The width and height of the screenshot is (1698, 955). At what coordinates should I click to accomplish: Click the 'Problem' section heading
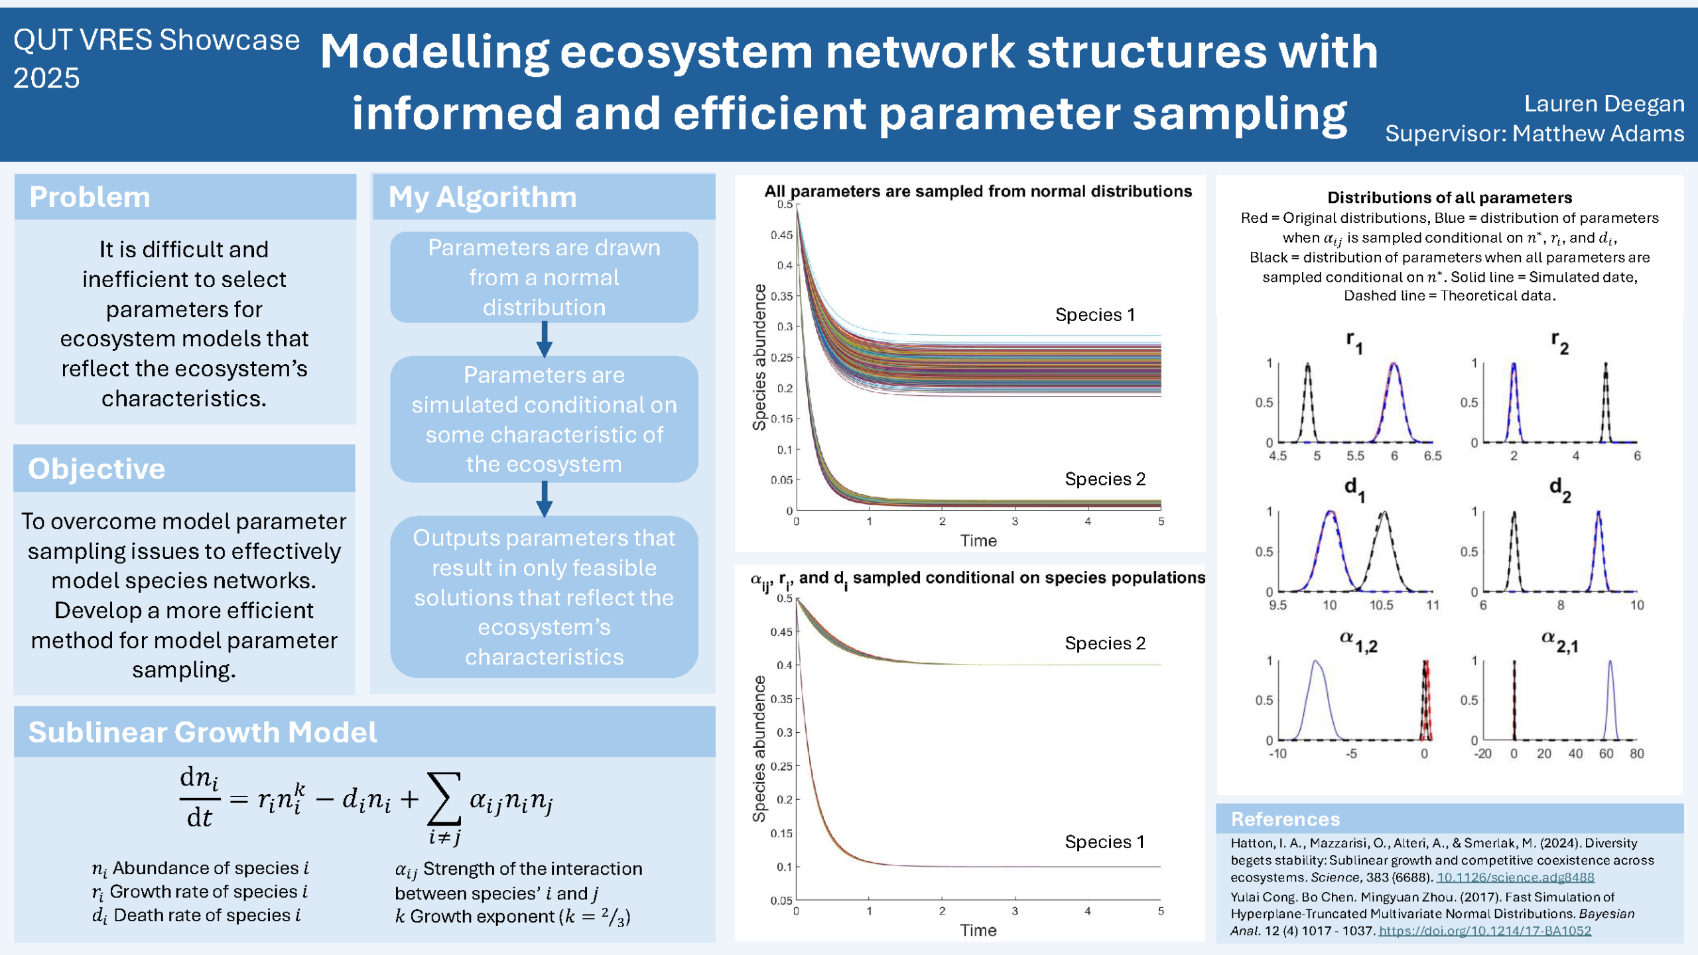pyautogui.click(x=90, y=197)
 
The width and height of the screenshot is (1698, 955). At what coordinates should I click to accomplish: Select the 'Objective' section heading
pyautogui.click(x=97, y=469)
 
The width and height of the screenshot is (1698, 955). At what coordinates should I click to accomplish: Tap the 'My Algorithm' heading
pyautogui.click(x=482, y=197)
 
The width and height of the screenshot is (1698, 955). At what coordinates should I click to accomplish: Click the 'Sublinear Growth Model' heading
pyautogui.click(x=202, y=732)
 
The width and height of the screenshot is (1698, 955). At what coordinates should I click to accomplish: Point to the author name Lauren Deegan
pyautogui.click(x=1604, y=103)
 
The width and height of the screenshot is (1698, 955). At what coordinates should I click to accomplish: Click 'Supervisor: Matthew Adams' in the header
pyautogui.click(x=1534, y=134)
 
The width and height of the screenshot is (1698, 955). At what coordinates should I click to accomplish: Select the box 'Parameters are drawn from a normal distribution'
pyautogui.click(x=544, y=277)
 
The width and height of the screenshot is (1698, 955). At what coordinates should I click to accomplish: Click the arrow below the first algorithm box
pyautogui.click(x=544, y=340)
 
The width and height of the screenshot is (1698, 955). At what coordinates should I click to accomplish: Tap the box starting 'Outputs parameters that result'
pyautogui.click(x=544, y=597)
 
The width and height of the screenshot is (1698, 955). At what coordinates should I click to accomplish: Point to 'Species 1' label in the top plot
pyautogui.click(x=1094, y=314)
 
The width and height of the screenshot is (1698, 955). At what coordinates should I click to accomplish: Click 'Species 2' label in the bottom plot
pyautogui.click(x=1105, y=643)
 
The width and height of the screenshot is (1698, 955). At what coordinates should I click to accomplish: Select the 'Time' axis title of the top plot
pyautogui.click(x=978, y=541)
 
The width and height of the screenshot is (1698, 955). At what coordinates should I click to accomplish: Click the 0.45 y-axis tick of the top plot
pyautogui.click(x=781, y=235)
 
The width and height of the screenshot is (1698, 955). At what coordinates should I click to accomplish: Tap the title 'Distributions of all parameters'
pyautogui.click(x=1449, y=198)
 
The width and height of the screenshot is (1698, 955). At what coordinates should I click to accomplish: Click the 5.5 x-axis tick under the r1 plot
pyautogui.click(x=1355, y=456)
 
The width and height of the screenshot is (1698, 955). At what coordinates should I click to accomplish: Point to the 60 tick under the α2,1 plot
pyautogui.click(x=1606, y=753)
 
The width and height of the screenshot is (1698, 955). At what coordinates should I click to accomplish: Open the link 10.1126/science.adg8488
pyautogui.click(x=1515, y=877)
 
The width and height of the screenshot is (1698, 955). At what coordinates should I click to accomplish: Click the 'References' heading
pyautogui.click(x=1285, y=819)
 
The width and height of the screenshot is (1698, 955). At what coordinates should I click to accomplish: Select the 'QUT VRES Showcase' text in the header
pyautogui.click(x=157, y=40)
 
